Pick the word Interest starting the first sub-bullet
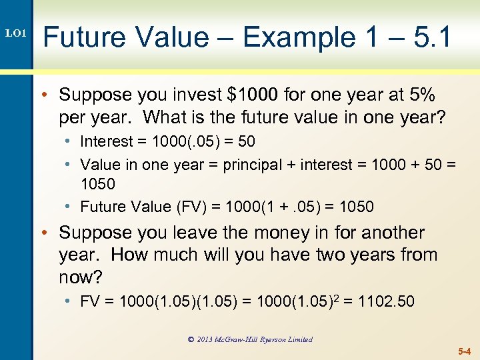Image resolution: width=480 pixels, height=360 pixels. [105, 141]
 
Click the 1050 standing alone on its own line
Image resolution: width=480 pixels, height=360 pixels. [98, 183]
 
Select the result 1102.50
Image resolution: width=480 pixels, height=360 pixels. [386, 301]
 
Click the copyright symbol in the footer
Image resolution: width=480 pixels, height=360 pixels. [191, 339]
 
